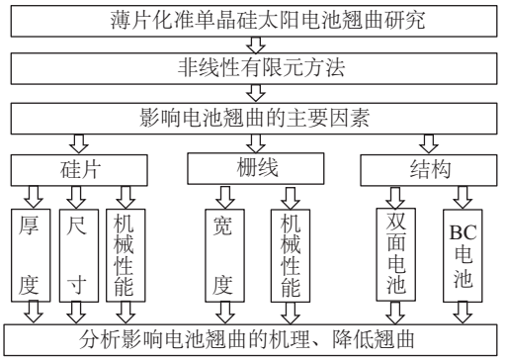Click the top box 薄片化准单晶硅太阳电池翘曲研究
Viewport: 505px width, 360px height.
[x=252, y=19]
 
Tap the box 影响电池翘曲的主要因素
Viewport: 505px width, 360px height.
[x=252, y=120]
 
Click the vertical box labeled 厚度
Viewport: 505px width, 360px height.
[x=28, y=254]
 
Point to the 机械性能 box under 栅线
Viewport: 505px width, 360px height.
[x=287, y=254]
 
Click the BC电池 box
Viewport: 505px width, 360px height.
[x=463, y=254]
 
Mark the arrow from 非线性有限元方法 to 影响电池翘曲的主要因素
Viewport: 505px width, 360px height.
[x=252, y=95]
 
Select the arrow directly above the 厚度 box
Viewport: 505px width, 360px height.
[x=28, y=194]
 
